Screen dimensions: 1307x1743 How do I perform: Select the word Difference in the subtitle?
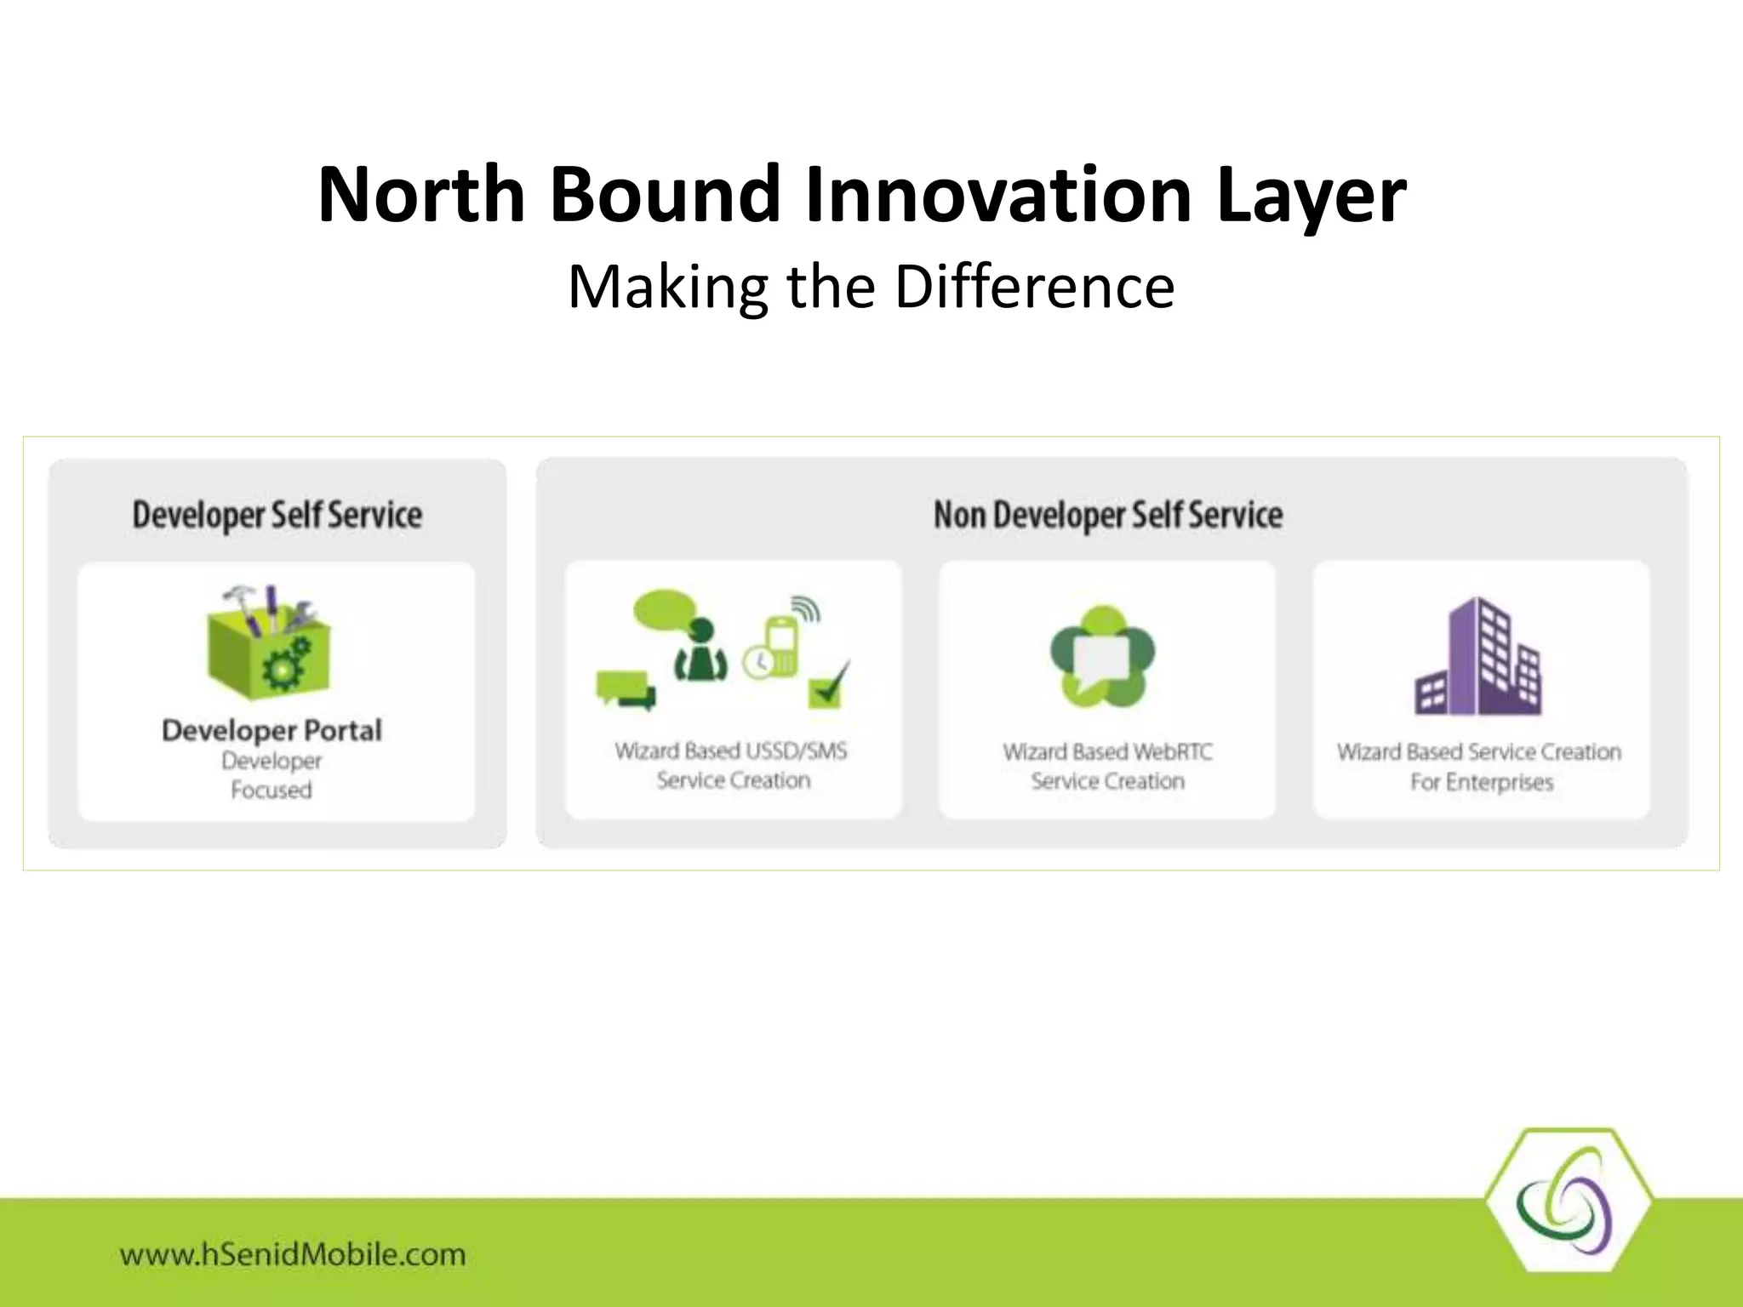1034,287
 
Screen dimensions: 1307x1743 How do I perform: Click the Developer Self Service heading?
277,515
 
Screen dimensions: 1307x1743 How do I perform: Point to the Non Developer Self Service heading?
1107,515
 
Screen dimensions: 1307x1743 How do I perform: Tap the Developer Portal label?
271,730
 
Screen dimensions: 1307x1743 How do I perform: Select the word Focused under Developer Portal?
271,790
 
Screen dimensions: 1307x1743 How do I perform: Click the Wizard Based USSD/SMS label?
731,751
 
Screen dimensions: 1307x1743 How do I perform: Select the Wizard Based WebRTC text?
1107,751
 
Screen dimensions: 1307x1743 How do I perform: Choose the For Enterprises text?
1481,781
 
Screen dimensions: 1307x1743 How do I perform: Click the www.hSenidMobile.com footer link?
293,1254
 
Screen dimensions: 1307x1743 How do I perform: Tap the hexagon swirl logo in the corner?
1568,1201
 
